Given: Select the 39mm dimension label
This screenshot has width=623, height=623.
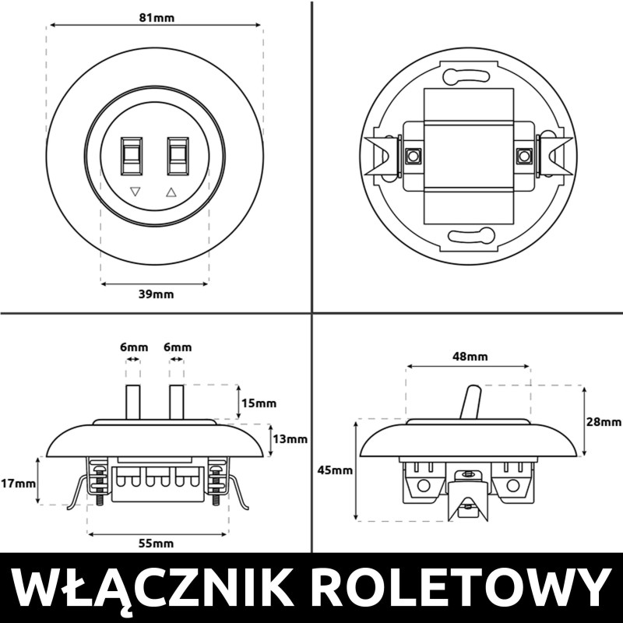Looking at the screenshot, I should coord(157,294).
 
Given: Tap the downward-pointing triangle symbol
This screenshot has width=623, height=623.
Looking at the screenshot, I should coord(136,191).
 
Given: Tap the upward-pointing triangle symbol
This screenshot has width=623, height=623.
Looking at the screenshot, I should coord(172,191).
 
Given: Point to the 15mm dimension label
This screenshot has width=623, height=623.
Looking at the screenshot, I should coord(259,403).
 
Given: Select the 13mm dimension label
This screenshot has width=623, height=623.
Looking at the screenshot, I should coord(290,439).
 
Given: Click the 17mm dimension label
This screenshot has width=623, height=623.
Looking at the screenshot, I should coord(18,483).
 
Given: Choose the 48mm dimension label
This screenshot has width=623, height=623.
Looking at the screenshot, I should coord(469,357).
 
